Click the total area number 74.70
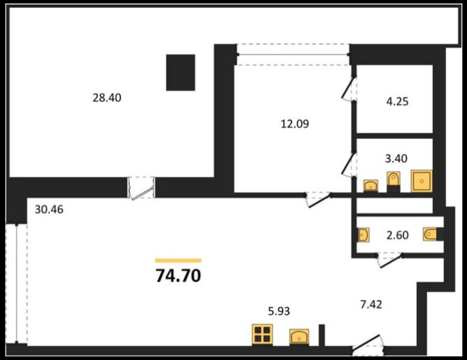coord(178,276)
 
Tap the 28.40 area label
coord(107,98)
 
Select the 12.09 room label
coord(294,124)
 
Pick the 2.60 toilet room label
coord(397,235)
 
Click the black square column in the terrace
coord(180,72)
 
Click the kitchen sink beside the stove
coord(300,337)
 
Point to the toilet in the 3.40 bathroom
coord(394,181)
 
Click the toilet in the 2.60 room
coord(432,235)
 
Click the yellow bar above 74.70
coord(178,260)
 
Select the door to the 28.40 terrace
coord(142,188)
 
